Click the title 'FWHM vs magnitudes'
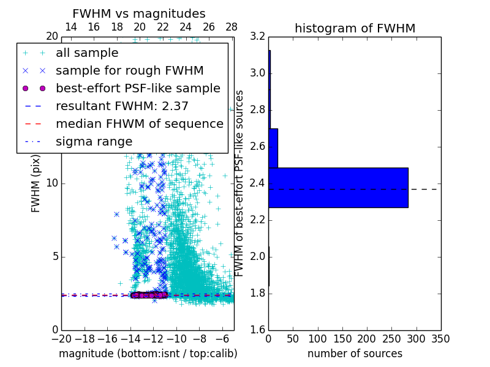139,13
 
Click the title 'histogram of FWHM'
355,28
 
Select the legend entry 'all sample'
87,53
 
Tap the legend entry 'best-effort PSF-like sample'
138,88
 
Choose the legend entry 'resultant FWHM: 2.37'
122,106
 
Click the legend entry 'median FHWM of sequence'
139,124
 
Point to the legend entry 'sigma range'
94,141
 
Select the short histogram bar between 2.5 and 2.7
273,148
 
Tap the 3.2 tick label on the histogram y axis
258,37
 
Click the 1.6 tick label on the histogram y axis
258,330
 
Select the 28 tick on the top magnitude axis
232,28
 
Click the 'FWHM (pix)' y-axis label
36,183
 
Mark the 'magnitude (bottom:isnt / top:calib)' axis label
148,354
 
